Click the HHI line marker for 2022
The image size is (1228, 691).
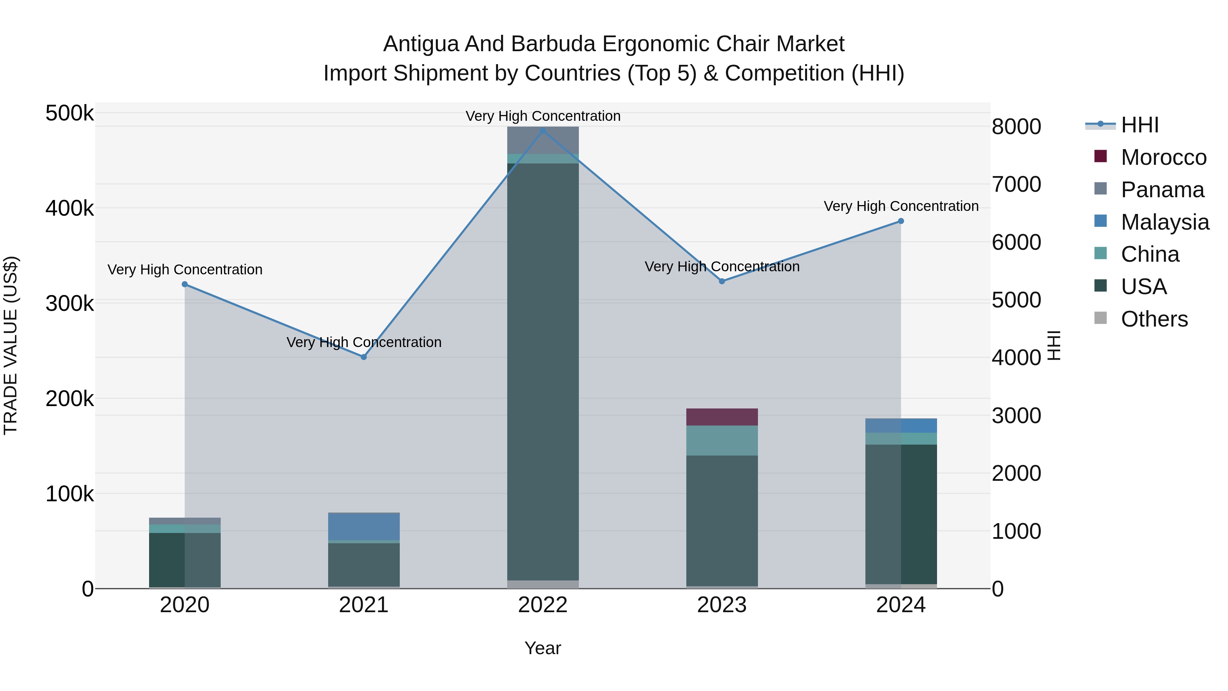[x=542, y=130]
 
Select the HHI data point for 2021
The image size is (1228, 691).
[x=364, y=357]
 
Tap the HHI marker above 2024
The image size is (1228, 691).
[x=901, y=221]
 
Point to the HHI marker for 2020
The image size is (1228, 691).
[x=185, y=284]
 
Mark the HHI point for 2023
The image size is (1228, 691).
[x=722, y=282]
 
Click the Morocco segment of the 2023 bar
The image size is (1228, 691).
[x=722, y=417]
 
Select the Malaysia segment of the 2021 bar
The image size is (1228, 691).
[x=364, y=526]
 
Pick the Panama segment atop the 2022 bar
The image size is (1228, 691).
[x=542, y=140]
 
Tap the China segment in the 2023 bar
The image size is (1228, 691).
[x=722, y=440]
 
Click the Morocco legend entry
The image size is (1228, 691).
[x=1163, y=157]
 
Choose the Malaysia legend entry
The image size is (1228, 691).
[x=1165, y=222]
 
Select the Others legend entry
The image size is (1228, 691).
[x=1154, y=319]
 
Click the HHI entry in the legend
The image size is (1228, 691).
[x=1139, y=125]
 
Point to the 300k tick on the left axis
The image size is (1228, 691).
[x=70, y=303]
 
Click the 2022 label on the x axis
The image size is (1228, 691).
[x=542, y=605]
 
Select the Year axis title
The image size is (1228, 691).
[x=542, y=648]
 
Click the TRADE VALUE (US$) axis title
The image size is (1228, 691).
[x=11, y=345]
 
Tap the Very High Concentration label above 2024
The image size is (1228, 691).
[x=901, y=206]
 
